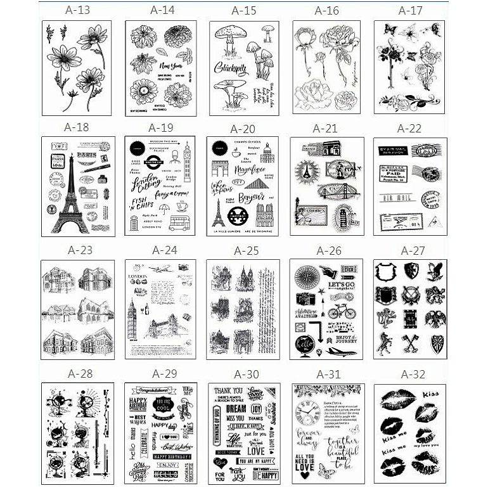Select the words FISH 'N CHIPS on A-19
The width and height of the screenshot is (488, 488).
click(x=143, y=203)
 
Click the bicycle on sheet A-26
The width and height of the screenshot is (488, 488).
click(x=342, y=312)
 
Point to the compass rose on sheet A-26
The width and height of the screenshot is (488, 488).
click(x=306, y=276)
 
